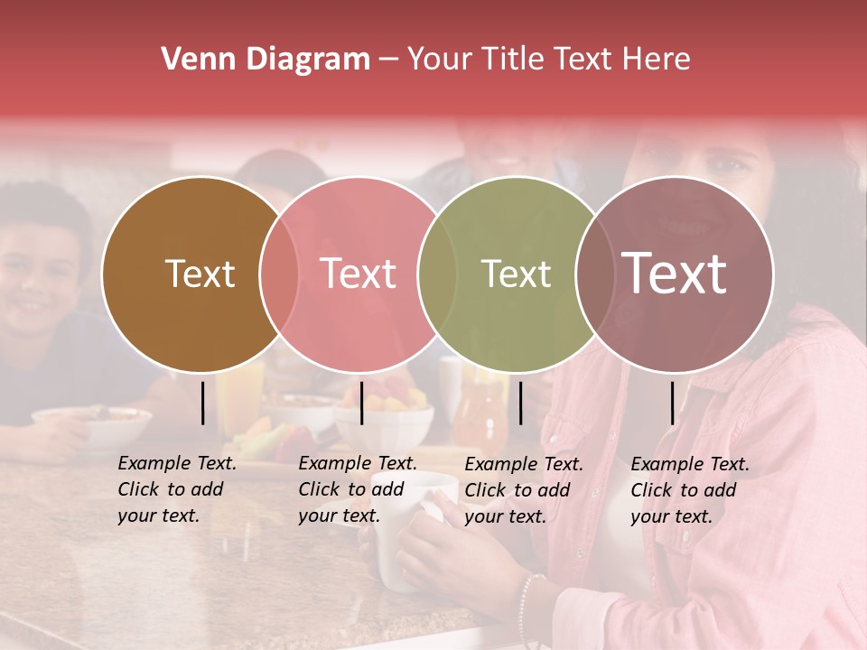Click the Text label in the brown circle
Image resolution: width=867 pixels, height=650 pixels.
click(x=200, y=274)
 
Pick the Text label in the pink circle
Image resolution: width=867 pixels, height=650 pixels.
click(x=359, y=274)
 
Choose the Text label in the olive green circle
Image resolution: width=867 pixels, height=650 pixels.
click(x=516, y=274)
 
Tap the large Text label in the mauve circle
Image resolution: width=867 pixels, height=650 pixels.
click(x=675, y=274)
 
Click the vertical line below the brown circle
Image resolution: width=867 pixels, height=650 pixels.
click(x=203, y=403)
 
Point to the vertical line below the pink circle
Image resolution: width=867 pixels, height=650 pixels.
click(x=361, y=403)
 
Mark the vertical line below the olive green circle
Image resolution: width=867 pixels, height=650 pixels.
click(x=521, y=403)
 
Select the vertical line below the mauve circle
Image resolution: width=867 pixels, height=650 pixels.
click(x=673, y=403)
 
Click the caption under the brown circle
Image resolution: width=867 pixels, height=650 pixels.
click(x=176, y=489)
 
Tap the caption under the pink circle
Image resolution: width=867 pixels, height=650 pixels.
click(x=357, y=489)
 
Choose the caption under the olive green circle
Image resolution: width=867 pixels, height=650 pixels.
click(x=523, y=489)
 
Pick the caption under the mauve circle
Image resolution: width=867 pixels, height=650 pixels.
click(x=689, y=489)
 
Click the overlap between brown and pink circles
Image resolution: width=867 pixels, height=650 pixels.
click(x=279, y=274)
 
